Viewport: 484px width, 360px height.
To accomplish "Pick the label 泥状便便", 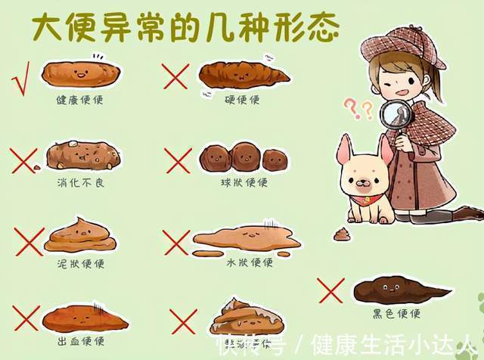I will (x=82, y=264).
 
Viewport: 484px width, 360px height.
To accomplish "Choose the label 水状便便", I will (x=249, y=262).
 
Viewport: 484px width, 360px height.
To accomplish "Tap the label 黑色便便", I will (x=397, y=313).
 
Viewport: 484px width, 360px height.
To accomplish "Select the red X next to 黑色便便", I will (x=330, y=290).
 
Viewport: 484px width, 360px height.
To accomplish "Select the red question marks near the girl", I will (x=359, y=108).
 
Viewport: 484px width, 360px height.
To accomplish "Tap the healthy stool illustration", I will (x=80, y=73).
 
